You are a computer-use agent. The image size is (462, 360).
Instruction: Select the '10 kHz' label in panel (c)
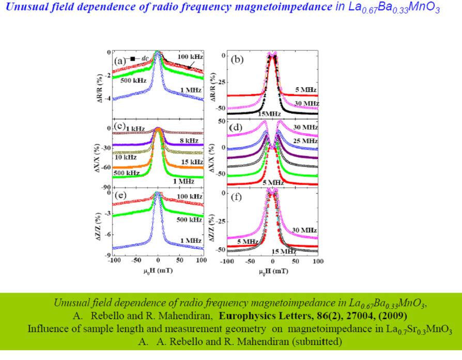[126, 156]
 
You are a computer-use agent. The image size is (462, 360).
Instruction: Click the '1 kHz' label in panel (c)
[135, 128]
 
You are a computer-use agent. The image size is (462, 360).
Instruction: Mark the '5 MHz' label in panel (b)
[305, 90]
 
